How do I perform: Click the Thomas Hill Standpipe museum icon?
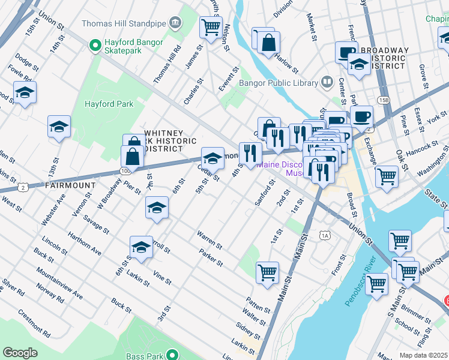click(174, 23)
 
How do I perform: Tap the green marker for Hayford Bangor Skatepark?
click(94, 44)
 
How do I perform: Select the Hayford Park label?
click(109, 104)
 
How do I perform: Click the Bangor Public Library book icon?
click(327, 81)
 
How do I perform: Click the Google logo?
click(20, 353)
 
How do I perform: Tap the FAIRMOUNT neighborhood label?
click(70, 186)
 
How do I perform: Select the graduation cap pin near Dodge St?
click(25, 93)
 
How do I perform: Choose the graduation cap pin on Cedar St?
click(212, 158)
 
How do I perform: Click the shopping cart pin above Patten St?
click(267, 272)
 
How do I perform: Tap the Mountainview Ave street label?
click(59, 284)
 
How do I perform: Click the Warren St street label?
click(210, 241)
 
